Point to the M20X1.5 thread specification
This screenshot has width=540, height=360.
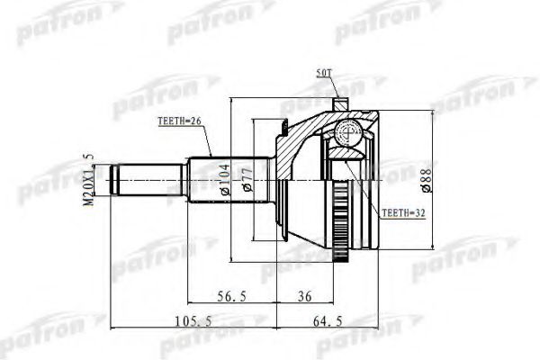[89, 181]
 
